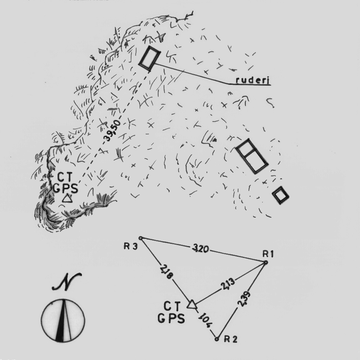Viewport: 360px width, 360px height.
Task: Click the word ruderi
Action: coord(253,80)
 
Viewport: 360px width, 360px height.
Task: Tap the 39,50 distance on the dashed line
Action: coord(112,130)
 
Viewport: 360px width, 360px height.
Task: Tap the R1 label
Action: coord(268,254)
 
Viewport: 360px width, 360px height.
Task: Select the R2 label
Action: coord(231,339)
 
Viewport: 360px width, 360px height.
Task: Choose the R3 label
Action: coord(131,246)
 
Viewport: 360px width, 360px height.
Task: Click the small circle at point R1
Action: coord(266,262)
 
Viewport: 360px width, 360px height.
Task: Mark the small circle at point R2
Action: coord(216,339)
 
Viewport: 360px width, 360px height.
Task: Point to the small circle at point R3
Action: coord(141,238)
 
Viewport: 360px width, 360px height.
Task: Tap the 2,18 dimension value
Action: coord(166,272)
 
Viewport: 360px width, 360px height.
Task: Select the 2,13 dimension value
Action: coord(228,284)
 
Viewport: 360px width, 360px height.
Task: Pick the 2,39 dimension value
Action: coord(243,299)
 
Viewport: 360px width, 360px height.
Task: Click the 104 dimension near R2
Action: coord(205,320)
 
